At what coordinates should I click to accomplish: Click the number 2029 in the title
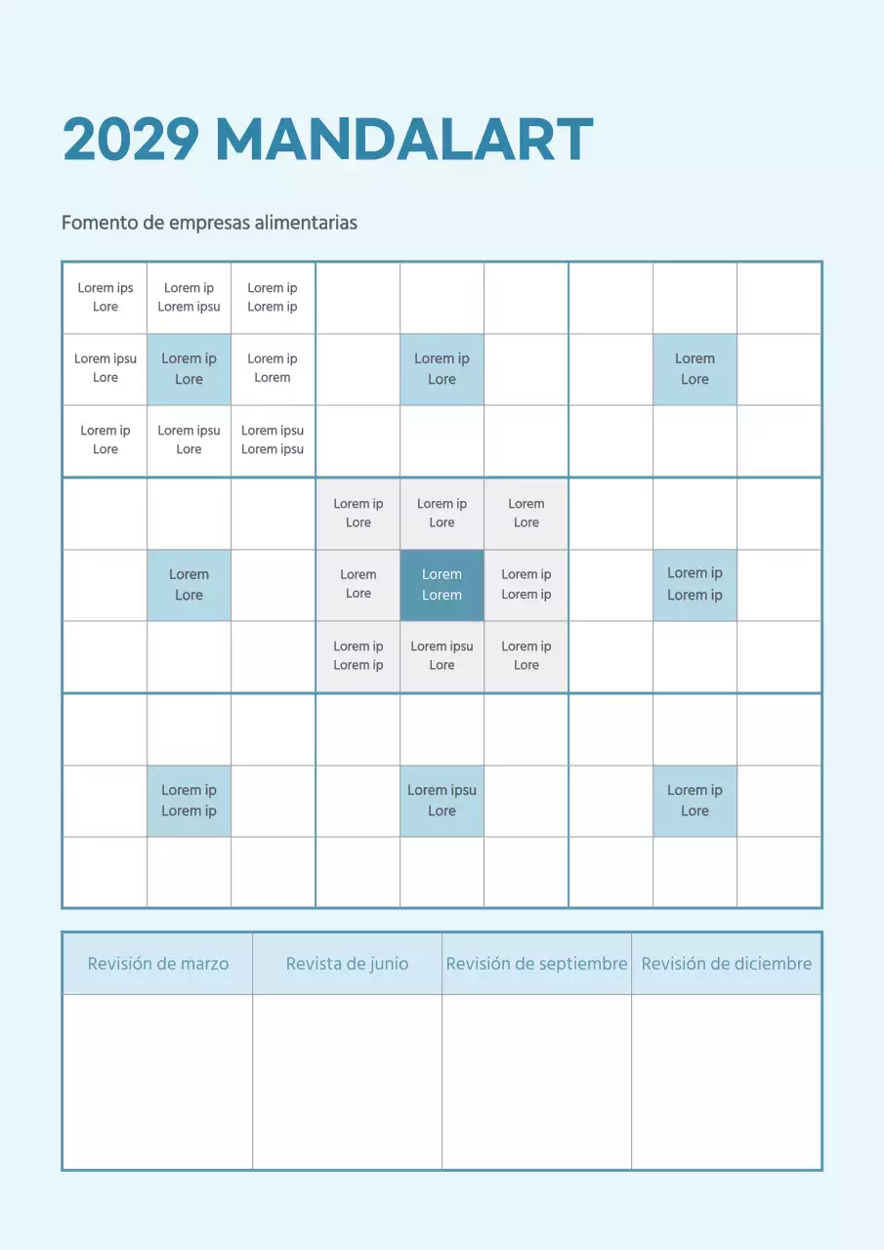click(131, 140)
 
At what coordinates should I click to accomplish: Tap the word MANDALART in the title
click(403, 140)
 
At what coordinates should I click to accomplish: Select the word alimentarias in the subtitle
click(306, 223)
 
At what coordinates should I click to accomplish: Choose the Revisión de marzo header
click(158, 964)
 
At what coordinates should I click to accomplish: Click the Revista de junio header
click(347, 964)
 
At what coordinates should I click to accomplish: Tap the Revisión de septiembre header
click(536, 964)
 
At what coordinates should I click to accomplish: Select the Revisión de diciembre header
click(726, 964)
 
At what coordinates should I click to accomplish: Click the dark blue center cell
click(442, 585)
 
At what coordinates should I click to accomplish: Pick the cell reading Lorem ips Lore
click(105, 298)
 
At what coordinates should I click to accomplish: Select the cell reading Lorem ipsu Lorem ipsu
click(273, 440)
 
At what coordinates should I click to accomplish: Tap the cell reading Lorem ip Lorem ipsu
click(189, 298)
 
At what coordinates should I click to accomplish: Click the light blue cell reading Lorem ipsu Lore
click(442, 801)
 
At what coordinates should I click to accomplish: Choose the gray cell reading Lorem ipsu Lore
click(442, 656)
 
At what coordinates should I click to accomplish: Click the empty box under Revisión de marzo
click(158, 1081)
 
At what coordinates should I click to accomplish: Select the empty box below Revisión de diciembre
click(726, 1081)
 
